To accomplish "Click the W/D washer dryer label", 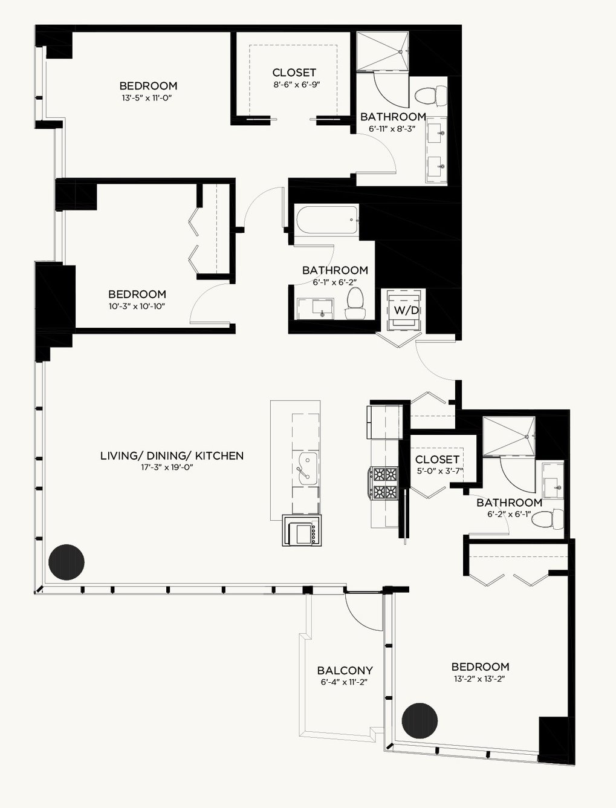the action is click(406, 310).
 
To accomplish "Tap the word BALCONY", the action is click(345, 670).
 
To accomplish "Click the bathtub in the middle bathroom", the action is click(327, 220).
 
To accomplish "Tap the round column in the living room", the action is click(66, 562).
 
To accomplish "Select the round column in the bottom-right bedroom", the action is click(420, 720).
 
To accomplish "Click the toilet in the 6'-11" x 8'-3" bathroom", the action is click(430, 96).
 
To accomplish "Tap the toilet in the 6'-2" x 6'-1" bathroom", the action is click(548, 520).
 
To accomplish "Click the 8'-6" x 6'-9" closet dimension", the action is click(297, 85).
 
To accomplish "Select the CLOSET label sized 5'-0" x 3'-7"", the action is click(437, 460).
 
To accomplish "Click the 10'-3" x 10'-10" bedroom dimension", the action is click(137, 306).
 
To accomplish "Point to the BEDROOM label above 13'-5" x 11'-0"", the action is click(149, 86).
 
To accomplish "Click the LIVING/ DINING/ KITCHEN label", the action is click(172, 456).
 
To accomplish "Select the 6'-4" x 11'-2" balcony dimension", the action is click(344, 682).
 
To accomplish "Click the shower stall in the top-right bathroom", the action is click(383, 50).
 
